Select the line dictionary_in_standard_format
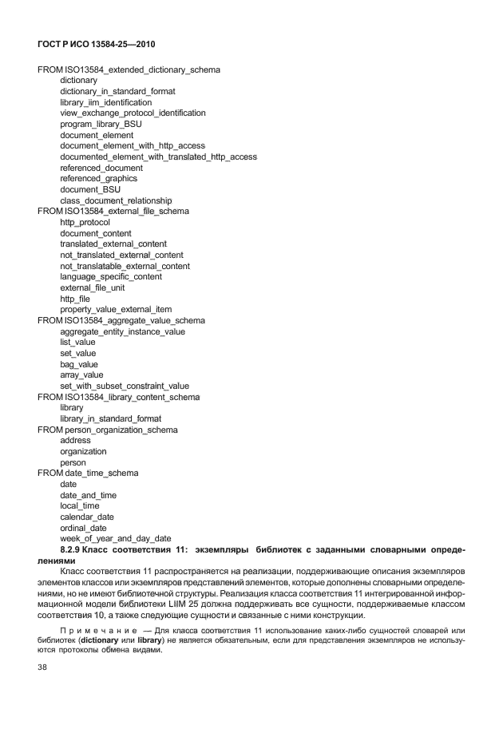[x=117, y=92]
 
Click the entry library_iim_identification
[x=105, y=103]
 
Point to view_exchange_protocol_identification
[x=133, y=113]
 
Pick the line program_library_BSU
[x=100, y=125]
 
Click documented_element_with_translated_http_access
[x=158, y=157]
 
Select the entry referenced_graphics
[x=98, y=179]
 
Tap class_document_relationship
[x=116, y=200]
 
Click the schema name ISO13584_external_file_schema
[x=126, y=212]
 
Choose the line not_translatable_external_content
[x=125, y=266]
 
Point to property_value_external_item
[x=116, y=310]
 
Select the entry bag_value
[x=79, y=364]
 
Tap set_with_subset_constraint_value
[x=125, y=386]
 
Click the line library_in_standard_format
[x=110, y=418]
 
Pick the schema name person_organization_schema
[x=121, y=430]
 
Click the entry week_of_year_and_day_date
[x=116, y=539]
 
